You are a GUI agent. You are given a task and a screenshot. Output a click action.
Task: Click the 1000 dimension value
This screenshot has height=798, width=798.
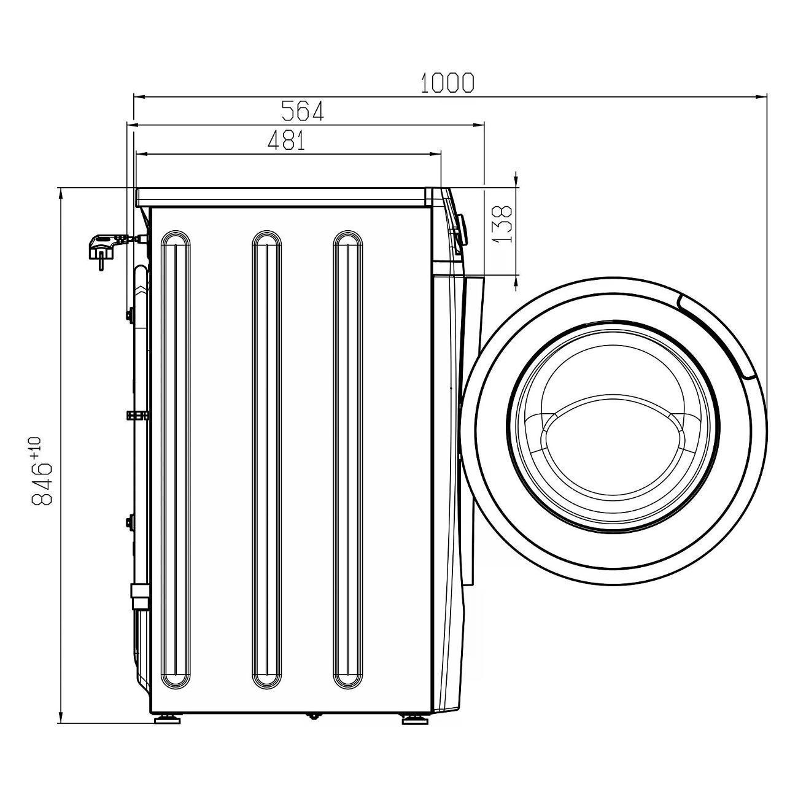(x=447, y=83)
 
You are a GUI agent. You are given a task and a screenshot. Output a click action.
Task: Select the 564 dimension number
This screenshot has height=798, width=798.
(x=302, y=111)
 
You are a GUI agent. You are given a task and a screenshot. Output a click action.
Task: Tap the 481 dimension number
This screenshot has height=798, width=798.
(x=287, y=140)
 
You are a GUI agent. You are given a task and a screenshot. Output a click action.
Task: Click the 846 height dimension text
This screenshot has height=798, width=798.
(x=42, y=484)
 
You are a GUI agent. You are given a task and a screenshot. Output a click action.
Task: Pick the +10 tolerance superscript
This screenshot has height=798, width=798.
(x=36, y=447)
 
